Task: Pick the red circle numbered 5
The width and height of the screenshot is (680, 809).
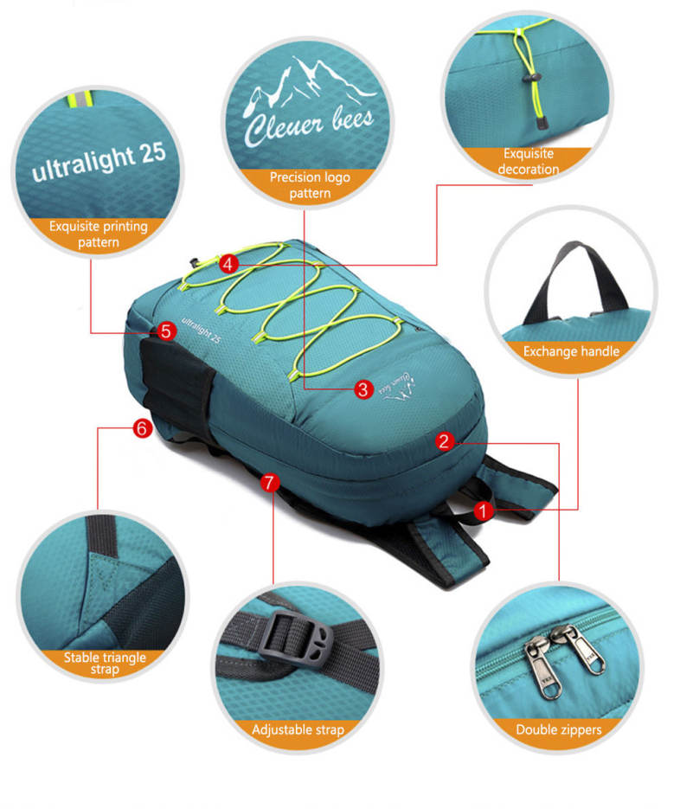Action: tap(167, 330)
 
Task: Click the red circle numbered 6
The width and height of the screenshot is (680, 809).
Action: tap(142, 427)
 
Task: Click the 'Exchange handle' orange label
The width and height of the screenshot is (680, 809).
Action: tap(571, 351)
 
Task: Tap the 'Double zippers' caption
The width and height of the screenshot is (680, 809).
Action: tap(558, 729)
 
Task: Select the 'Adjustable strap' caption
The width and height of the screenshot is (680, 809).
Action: tap(298, 729)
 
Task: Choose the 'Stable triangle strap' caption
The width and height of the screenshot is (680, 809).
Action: tap(105, 664)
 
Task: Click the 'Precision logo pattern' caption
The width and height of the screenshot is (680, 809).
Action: tap(310, 185)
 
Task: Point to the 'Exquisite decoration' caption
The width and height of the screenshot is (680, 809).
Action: tap(528, 162)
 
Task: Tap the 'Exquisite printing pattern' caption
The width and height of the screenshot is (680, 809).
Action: tap(98, 234)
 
